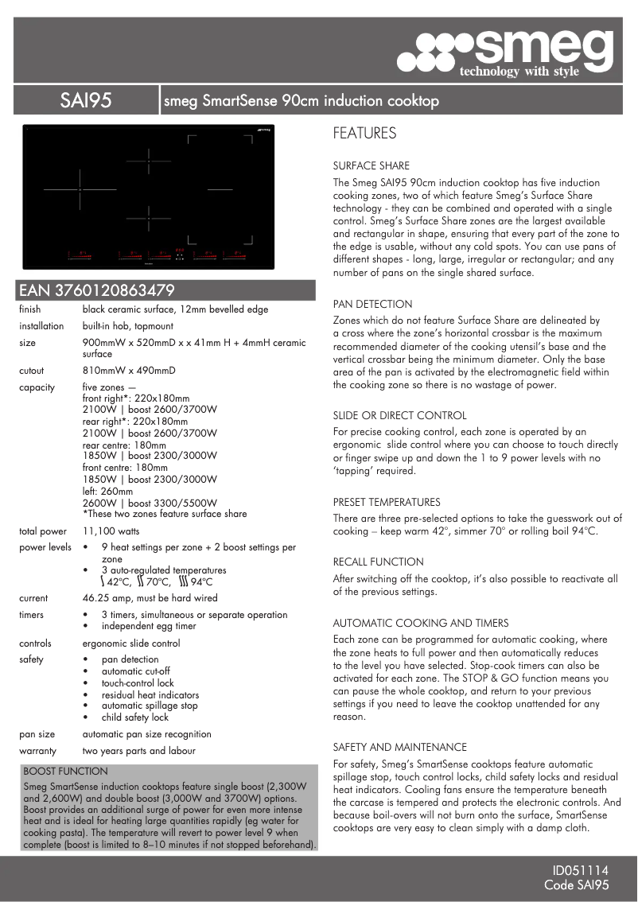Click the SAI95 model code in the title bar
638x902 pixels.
pos(85,101)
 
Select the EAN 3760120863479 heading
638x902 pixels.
pos(96,290)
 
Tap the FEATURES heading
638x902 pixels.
pos(364,134)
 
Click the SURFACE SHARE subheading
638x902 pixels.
pos(371,166)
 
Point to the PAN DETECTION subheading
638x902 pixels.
pos(372,304)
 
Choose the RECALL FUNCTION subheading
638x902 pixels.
pos(378,562)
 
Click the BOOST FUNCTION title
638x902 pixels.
pos(65,771)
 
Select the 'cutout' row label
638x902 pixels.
pos(32,371)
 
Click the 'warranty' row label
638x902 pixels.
pos(37,751)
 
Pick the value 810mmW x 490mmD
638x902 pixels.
pos(129,371)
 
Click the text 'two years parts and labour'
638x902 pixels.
pos(138,751)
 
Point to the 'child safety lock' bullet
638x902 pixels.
pos(135,717)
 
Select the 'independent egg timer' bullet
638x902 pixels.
pos(149,626)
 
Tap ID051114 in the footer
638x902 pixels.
pos(581,871)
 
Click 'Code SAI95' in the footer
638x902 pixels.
pos(576,885)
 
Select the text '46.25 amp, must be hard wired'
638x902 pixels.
pos(150,598)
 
